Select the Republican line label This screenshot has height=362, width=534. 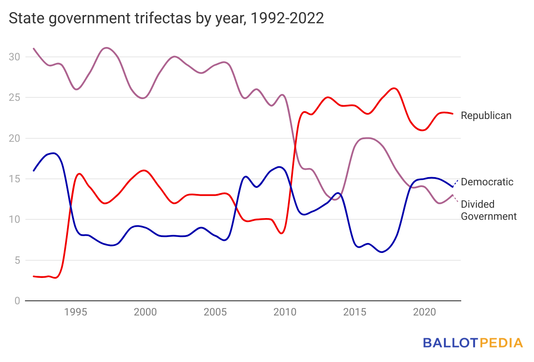click(486, 115)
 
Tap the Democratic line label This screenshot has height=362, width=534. click(487, 182)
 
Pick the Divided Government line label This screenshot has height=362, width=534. click(488, 210)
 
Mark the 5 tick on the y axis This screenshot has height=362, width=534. click(17, 260)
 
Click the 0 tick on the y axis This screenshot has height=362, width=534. click(17, 301)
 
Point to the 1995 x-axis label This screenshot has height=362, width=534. click(75, 312)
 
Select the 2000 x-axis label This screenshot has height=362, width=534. click(145, 312)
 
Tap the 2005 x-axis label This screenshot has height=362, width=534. click(215, 312)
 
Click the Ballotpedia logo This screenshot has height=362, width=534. click(472, 343)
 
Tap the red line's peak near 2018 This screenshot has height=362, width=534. click(394, 88)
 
